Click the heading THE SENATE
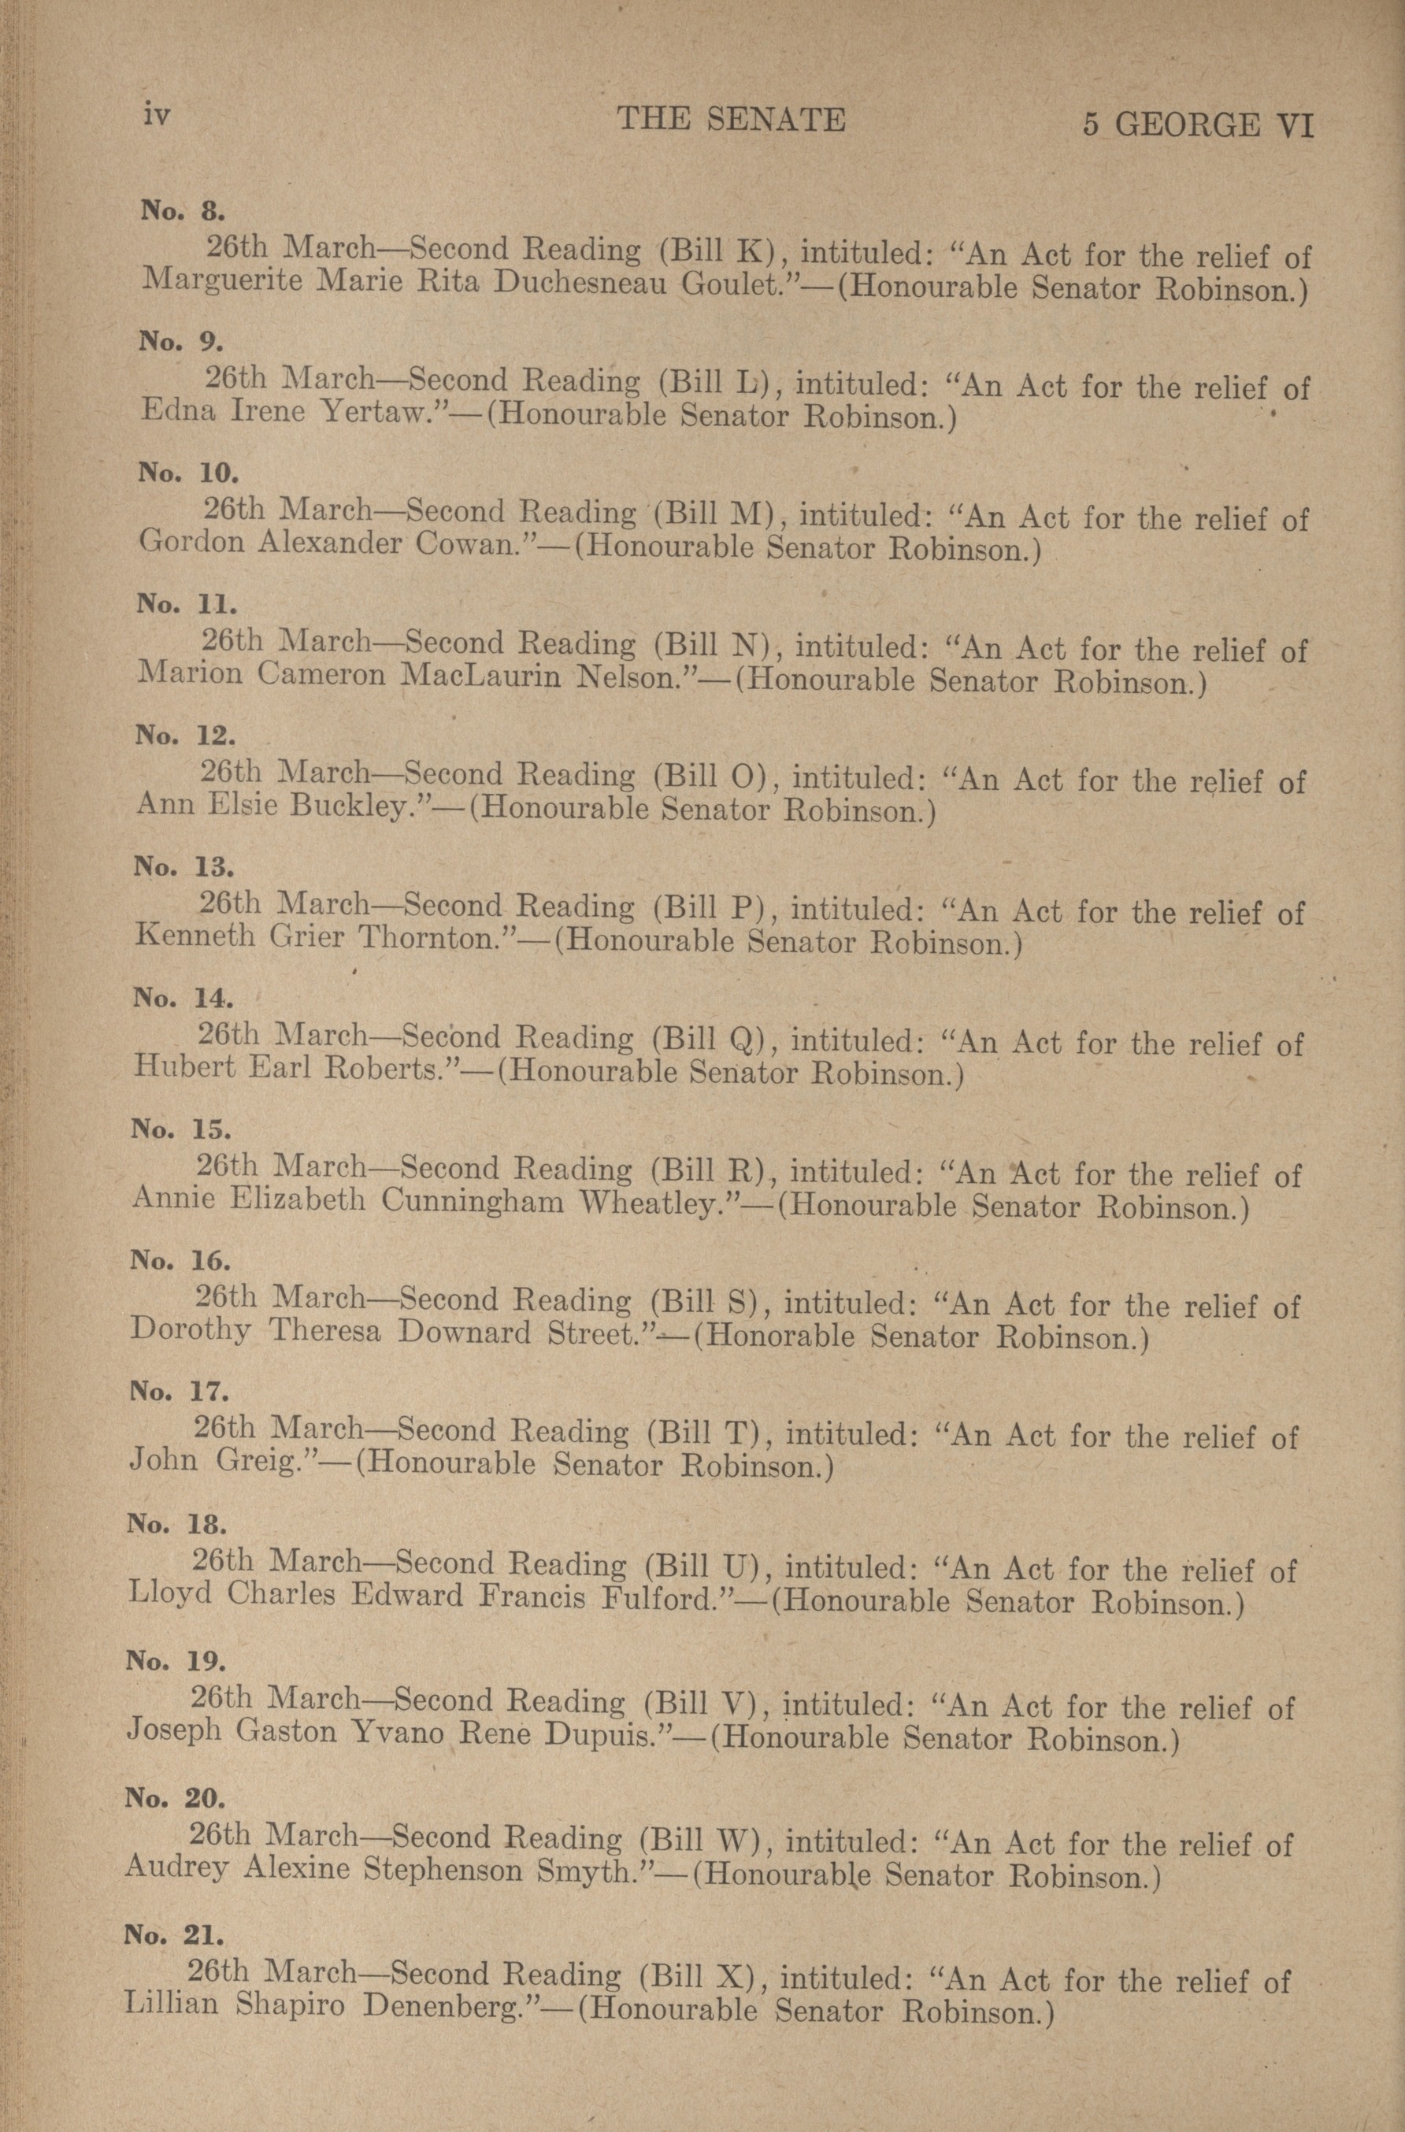click(x=731, y=119)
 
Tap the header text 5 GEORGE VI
click(x=1197, y=124)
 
